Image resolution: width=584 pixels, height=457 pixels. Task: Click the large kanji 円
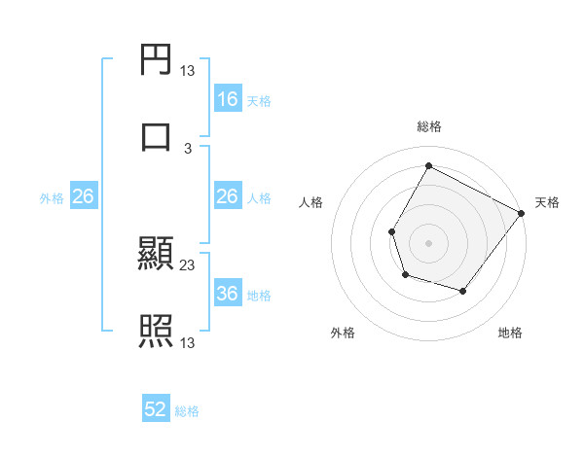point(157,60)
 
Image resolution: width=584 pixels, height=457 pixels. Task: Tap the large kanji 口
point(157,137)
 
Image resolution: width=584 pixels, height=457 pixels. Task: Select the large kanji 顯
point(157,256)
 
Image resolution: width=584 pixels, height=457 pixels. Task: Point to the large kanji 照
point(157,332)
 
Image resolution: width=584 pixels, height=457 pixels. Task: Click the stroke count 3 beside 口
point(188,148)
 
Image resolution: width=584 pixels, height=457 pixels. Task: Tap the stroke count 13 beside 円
point(188,71)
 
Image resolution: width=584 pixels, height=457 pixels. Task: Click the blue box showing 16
point(228,99)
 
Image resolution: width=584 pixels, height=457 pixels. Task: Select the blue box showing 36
point(228,294)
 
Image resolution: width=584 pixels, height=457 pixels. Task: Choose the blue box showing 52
point(156,409)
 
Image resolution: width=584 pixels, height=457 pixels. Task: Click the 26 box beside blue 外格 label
point(83,196)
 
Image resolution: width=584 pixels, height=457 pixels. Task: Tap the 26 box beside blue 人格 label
point(228,196)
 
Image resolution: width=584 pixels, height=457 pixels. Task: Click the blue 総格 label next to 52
point(187,411)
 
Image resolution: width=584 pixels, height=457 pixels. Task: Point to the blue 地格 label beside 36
point(259,296)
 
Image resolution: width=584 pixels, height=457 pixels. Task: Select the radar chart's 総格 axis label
point(428,126)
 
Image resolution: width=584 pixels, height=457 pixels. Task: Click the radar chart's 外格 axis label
point(343,333)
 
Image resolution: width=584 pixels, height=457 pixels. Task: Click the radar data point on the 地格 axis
point(463,291)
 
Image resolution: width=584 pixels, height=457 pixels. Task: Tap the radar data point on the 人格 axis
point(392,231)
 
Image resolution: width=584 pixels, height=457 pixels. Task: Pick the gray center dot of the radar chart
point(428,242)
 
